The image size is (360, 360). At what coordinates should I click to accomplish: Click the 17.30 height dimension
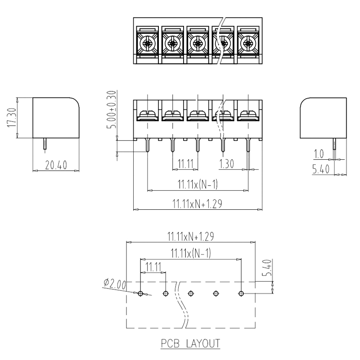click(12, 118)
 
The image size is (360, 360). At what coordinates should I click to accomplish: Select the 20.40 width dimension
click(56, 165)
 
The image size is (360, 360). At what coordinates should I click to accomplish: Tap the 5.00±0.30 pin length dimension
click(112, 109)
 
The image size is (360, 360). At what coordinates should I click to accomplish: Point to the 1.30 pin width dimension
click(226, 164)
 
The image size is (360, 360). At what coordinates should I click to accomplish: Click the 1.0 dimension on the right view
click(319, 154)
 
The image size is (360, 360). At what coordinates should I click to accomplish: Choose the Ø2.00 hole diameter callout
click(115, 284)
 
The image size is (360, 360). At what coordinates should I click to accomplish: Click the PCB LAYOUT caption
click(190, 343)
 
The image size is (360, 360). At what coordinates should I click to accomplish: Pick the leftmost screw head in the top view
click(147, 43)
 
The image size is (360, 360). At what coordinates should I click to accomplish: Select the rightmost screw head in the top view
click(248, 43)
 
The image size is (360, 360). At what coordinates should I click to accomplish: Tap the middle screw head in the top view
click(198, 43)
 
